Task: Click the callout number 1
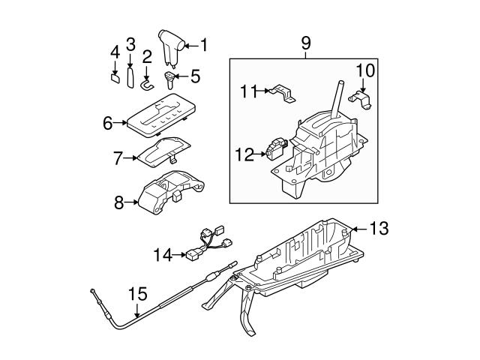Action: tap(203, 45)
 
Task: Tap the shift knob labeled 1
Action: tap(172, 46)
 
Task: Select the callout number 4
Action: tap(115, 52)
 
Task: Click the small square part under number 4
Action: tap(115, 76)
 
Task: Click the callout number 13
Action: tap(380, 228)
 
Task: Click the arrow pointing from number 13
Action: tap(359, 228)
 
